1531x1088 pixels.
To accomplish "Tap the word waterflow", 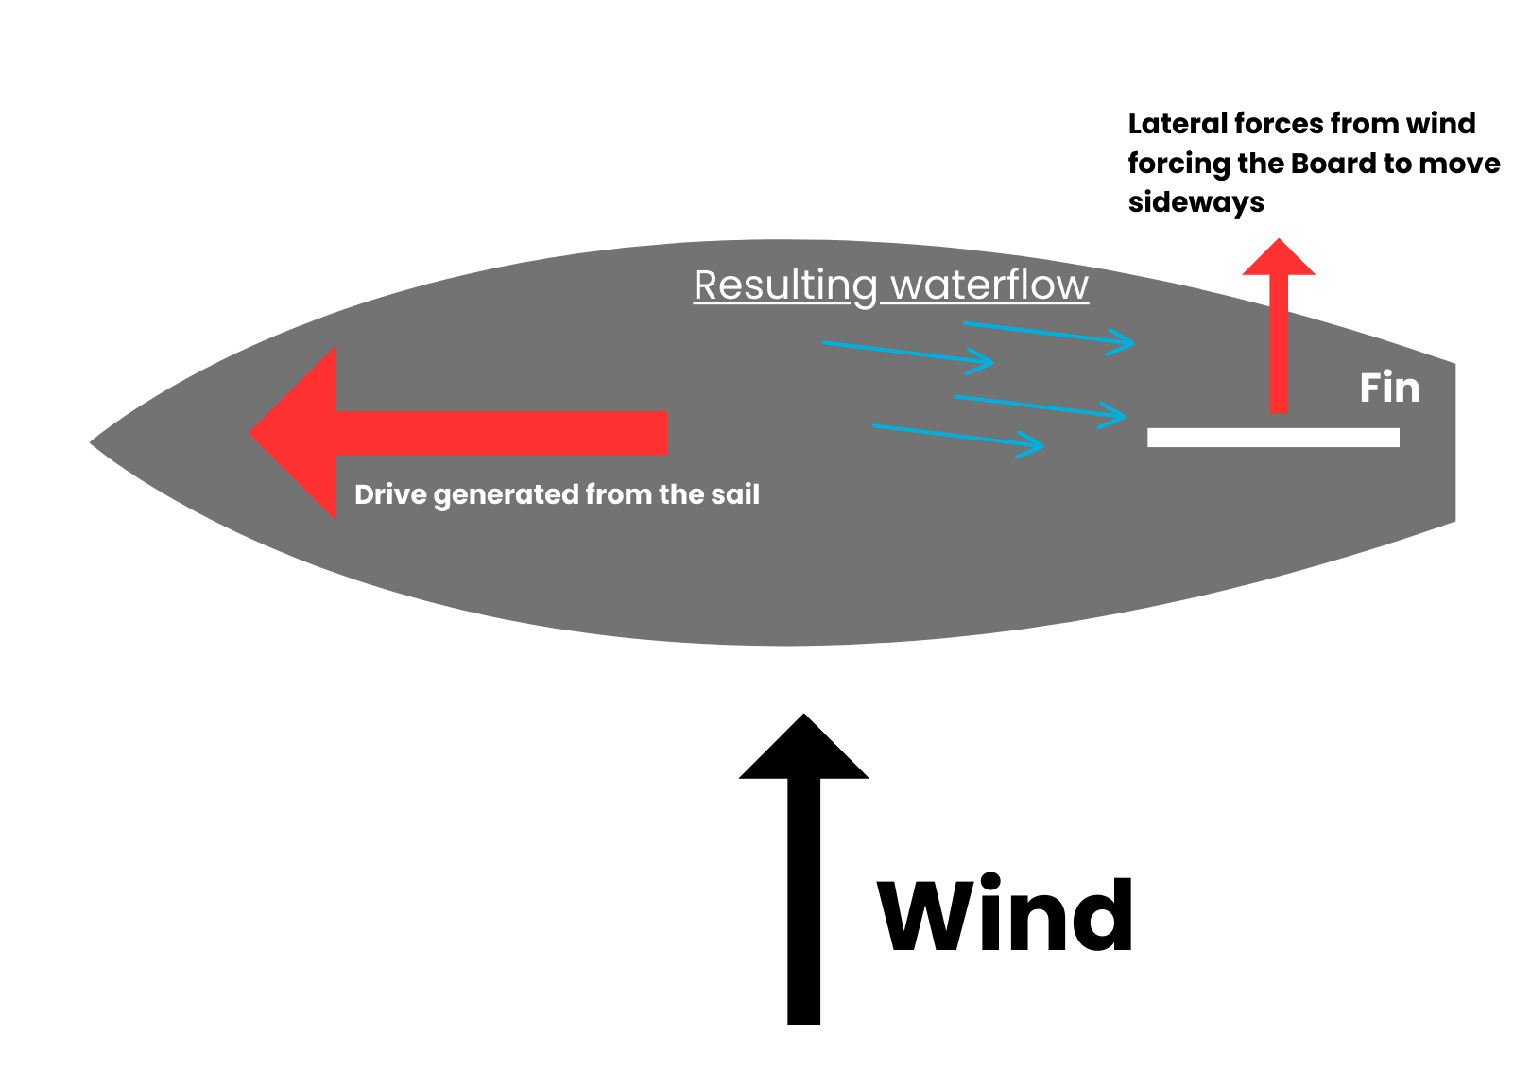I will coord(989,285).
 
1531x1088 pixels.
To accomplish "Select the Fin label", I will coord(1389,388).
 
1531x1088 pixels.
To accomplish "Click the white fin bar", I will coord(1273,438).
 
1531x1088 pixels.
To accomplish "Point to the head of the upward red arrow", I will coord(1279,258).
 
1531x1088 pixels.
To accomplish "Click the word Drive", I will coord(390,494).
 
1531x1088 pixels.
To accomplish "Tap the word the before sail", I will coord(681,494).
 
